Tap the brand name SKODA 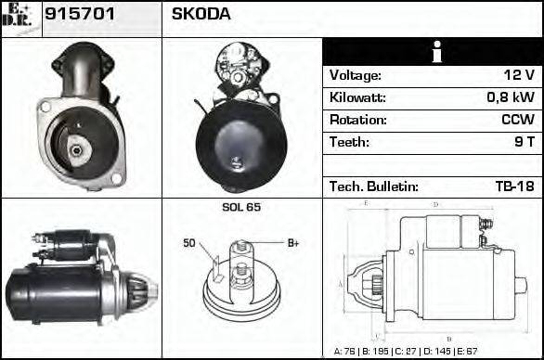point(201,15)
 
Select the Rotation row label point(356,121)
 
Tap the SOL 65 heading point(241,207)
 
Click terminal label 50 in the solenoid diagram point(189,243)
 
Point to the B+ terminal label point(293,243)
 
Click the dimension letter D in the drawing point(436,204)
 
